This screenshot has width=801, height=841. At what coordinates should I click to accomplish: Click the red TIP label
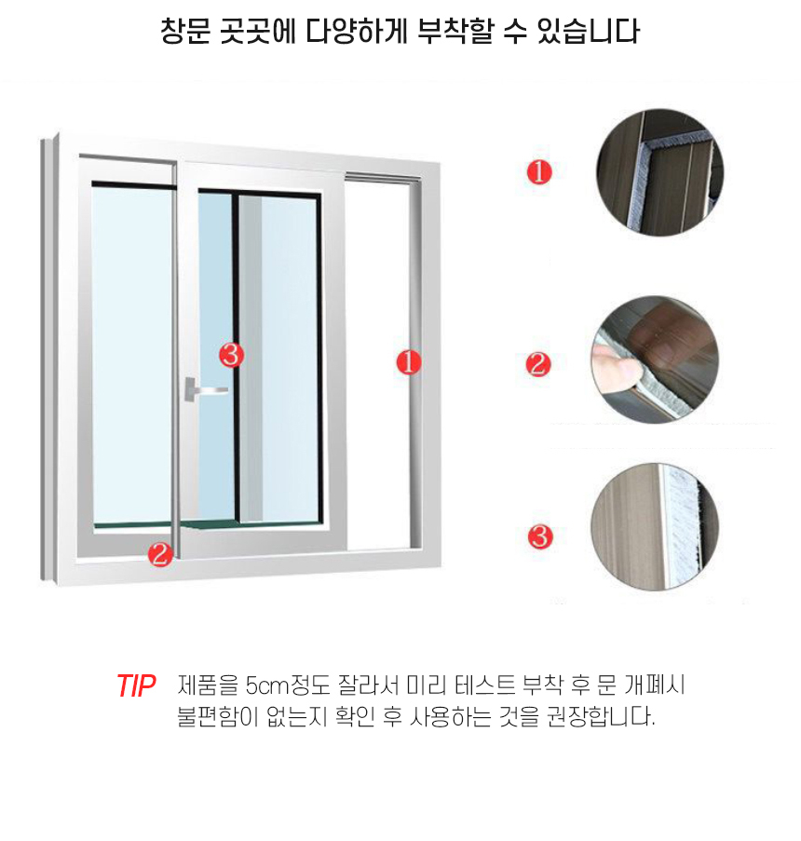135,686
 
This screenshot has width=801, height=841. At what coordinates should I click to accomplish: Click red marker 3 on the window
231,354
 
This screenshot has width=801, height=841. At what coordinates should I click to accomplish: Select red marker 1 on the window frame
409,361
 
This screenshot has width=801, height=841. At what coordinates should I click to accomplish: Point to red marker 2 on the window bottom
160,555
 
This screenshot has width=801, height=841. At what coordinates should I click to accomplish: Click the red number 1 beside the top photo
539,172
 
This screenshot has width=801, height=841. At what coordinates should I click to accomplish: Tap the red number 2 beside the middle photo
538,363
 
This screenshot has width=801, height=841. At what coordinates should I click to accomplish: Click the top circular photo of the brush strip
658,172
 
